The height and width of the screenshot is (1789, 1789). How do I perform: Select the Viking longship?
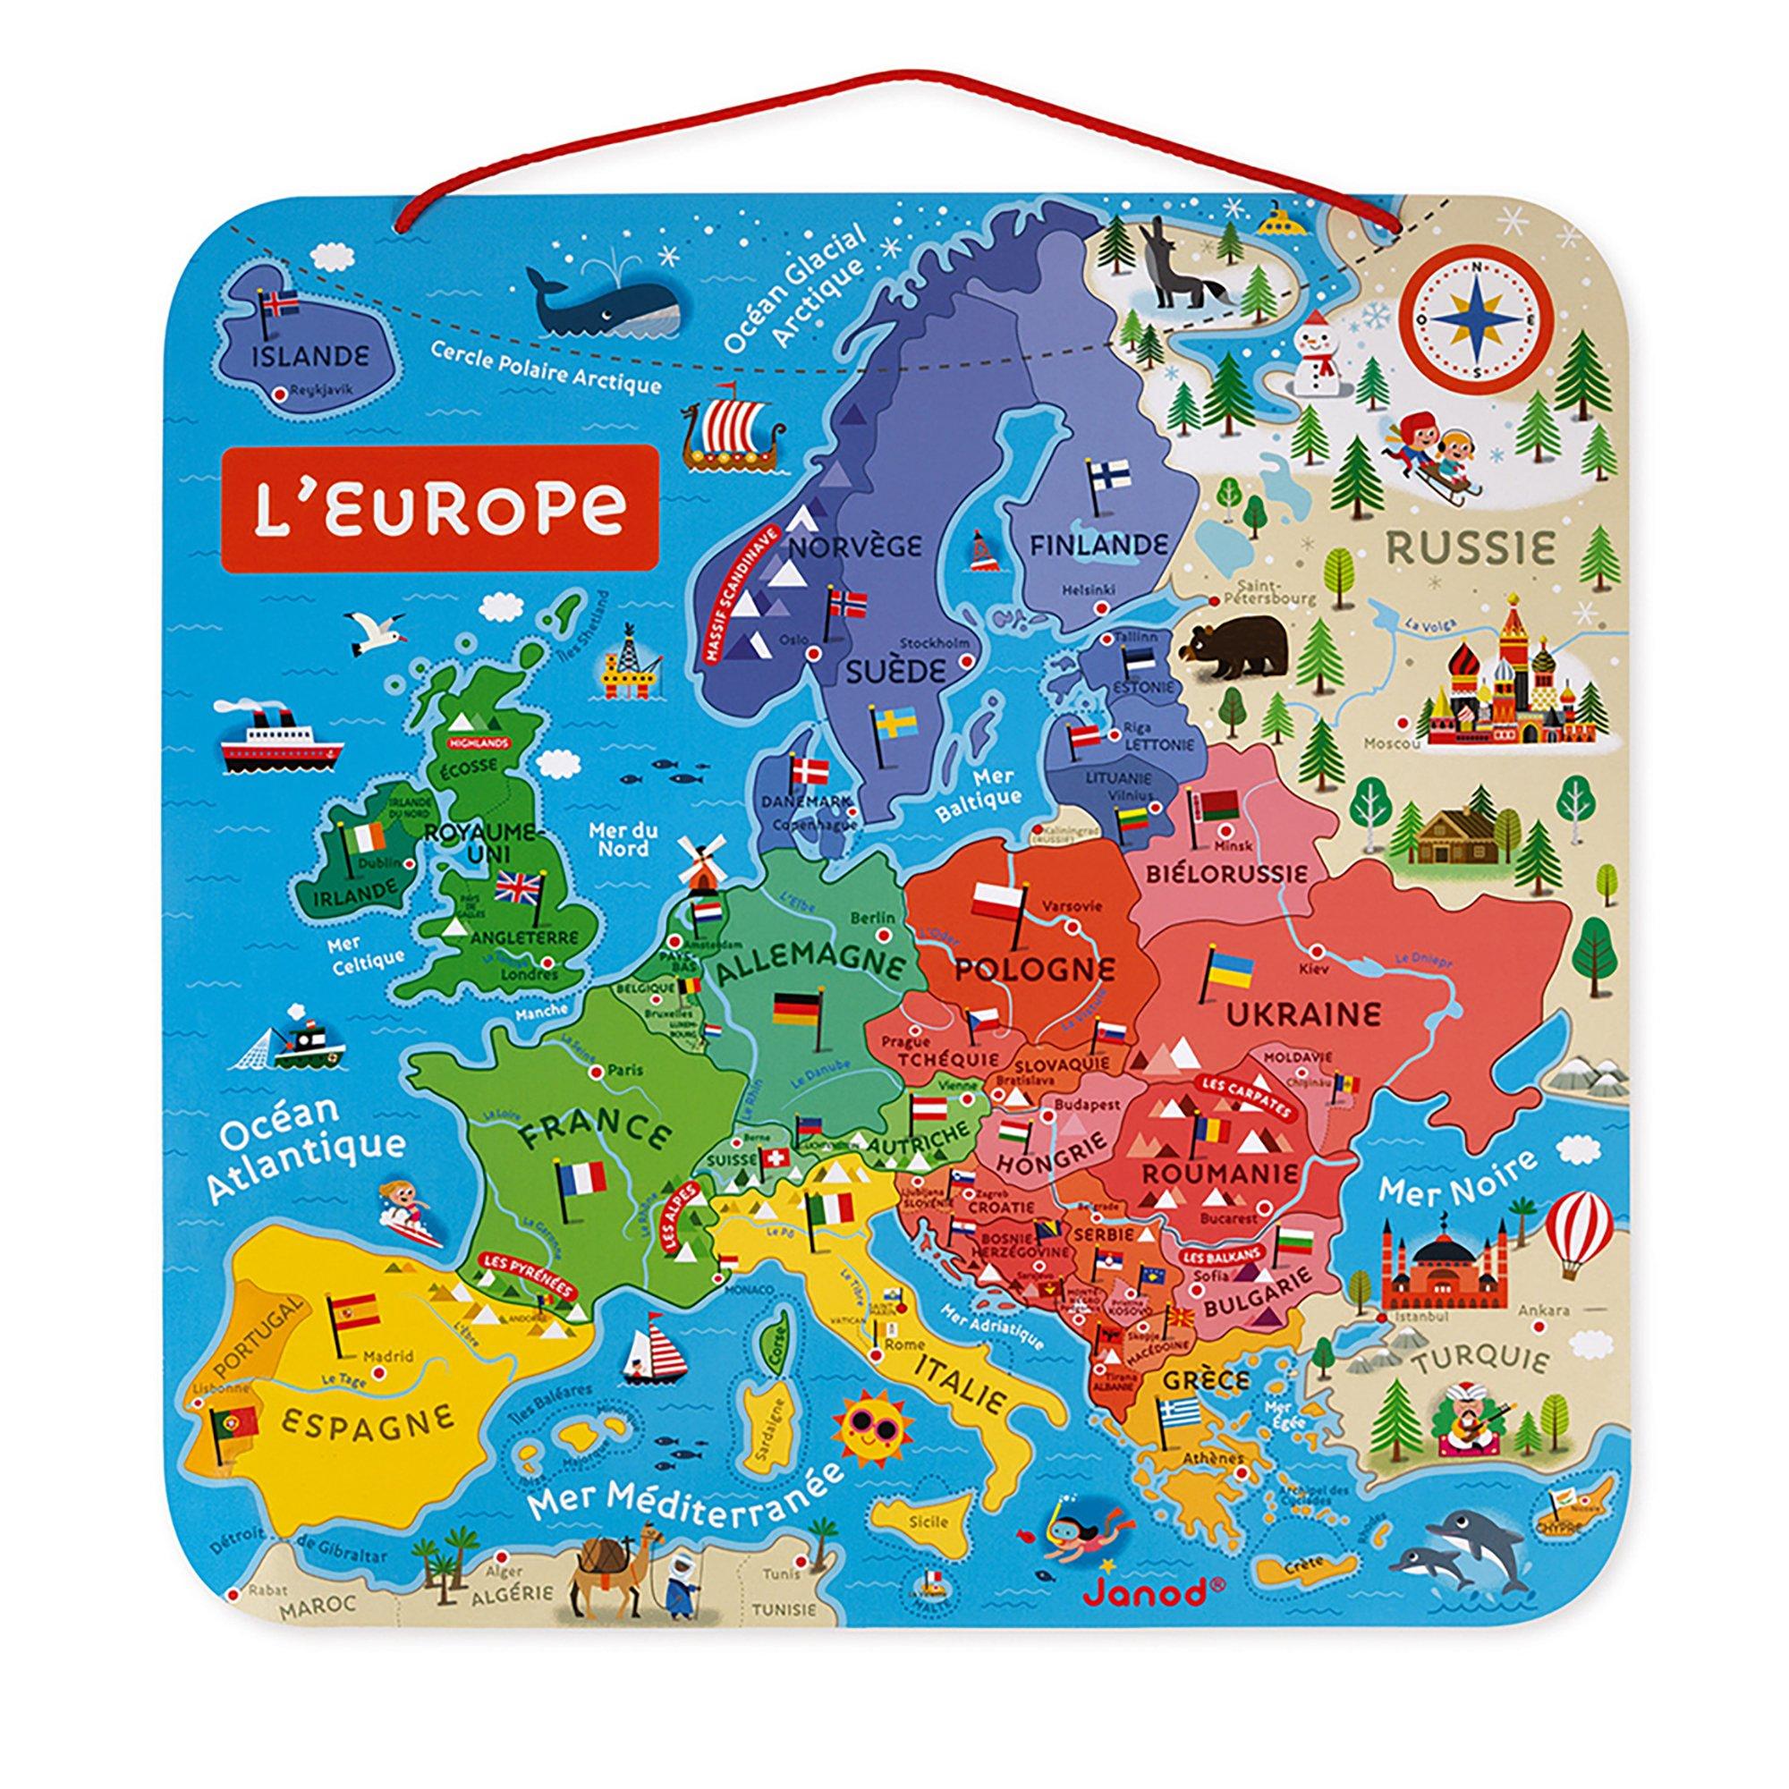coord(732,431)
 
